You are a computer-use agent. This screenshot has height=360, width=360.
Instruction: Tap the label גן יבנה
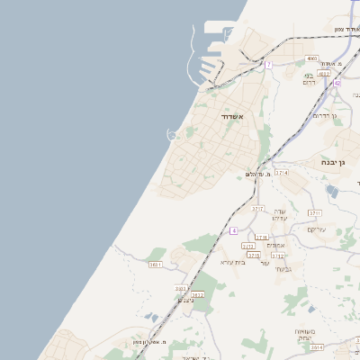(340, 163)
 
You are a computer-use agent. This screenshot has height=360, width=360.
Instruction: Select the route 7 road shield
(268, 65)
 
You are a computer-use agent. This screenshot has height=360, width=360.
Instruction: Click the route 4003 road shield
(311, 58)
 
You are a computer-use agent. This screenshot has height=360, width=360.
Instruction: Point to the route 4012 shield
(311, 75)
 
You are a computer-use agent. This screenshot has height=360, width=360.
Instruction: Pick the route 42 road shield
(337, 82)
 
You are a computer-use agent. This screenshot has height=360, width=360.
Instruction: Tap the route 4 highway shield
(233, 230)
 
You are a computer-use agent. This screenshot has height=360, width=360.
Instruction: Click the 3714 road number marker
(282, 172)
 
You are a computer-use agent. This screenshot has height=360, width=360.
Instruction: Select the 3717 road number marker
(257, 209)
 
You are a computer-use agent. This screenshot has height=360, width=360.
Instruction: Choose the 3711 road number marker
(314, 213)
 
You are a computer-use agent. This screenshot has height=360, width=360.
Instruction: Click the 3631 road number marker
(156, 265)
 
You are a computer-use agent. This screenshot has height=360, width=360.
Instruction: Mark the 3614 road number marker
(317, 346)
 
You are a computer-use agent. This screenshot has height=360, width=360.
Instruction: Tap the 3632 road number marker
(197, 294)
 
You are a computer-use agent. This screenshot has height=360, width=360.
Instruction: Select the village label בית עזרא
(233, 262)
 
